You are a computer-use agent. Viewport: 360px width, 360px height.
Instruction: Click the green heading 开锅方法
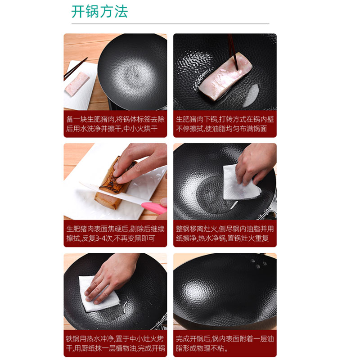point(99,12)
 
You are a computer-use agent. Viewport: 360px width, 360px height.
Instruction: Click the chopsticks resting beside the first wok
point(75,69)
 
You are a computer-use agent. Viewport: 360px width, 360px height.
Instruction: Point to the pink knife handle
point(154,208)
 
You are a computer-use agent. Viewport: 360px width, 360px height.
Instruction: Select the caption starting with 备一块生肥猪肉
point(115,124)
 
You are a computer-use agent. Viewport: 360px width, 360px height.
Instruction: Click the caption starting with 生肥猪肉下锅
point(225,124)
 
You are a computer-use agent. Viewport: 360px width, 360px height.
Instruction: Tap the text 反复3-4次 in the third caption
point(97,238)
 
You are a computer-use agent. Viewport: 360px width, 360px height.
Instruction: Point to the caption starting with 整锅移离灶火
point(225,234)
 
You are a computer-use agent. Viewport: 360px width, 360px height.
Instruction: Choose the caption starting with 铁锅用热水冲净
point(115,343)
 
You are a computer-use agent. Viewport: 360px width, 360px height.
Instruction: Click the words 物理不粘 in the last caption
point(208,348)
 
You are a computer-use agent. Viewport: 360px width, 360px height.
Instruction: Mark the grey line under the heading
point(170,24)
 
